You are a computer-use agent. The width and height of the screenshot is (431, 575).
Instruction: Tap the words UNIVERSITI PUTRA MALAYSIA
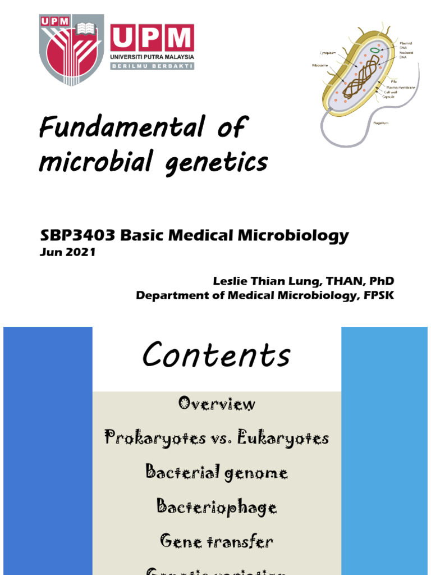pos(153,57)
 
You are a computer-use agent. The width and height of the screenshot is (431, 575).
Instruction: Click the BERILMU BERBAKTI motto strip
pos(153,66)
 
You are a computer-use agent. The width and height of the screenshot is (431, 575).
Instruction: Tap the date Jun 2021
pos(67,252)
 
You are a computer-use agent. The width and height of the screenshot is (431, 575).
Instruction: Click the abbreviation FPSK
pos(379,296)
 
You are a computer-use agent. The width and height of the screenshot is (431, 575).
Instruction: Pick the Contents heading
pos(216,355)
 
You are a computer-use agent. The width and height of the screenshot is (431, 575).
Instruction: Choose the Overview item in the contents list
pos(217,404)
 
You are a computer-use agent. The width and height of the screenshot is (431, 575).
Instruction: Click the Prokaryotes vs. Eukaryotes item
pos(217,438)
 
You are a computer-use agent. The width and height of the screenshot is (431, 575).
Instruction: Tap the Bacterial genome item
pos(217,472)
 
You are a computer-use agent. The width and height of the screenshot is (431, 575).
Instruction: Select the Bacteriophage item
pos(217,508)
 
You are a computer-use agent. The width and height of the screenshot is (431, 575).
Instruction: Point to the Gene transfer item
pos(217,542)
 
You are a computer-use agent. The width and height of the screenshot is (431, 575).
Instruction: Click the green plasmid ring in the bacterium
pos(373,50)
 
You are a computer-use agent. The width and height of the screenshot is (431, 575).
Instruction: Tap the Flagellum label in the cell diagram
pos(382,123)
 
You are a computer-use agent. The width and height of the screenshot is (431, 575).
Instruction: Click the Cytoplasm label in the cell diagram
pos(328,53)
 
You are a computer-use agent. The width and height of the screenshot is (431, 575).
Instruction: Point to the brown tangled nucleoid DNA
pos(359,76)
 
